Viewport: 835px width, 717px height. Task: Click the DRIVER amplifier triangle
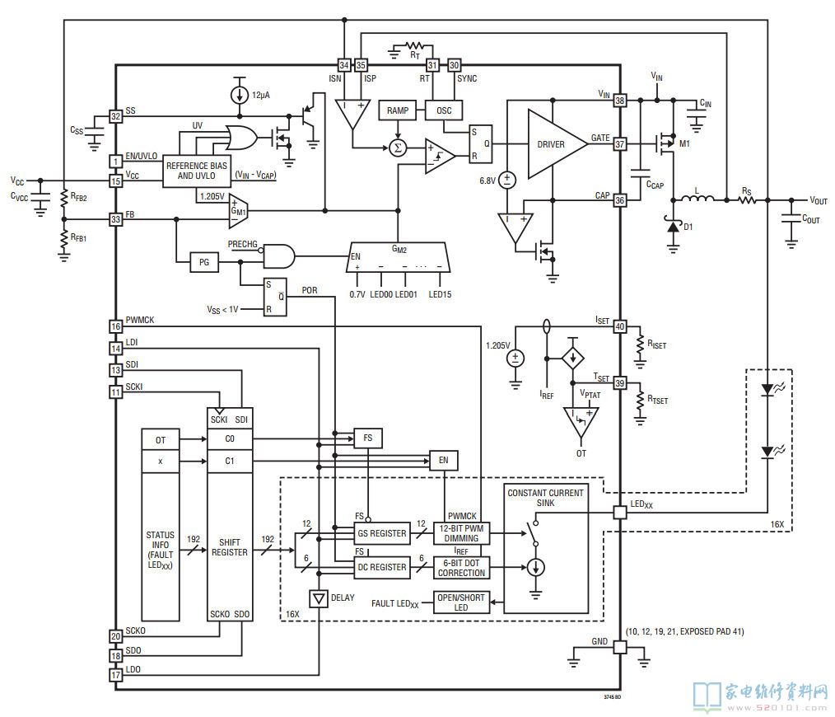[x=554, y=144]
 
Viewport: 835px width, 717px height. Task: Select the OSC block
[x=444, y=110]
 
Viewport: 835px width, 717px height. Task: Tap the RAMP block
[x=397, y=110]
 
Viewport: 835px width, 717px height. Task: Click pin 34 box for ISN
[x=344, y=65]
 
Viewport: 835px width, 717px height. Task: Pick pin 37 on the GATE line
[x=620, y=144]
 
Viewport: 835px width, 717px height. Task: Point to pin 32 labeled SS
[x=115, y=116]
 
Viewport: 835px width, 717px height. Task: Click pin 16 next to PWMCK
[x=115, y=326]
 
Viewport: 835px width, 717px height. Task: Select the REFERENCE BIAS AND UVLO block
[x=197, y=171]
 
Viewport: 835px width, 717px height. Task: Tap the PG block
[x=204, y=262]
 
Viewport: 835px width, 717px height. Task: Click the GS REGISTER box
[x=382, y=533]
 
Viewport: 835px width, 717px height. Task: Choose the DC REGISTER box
[x=382, y=567]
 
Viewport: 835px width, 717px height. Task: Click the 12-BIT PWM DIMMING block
[x=461, y=533]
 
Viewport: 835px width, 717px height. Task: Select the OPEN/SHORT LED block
[x=461, y=602]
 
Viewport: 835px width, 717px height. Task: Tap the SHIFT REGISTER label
[x=230, y=547]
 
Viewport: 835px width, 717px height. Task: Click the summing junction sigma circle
[x=397, y=148]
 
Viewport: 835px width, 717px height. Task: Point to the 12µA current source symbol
[x=239, y=96]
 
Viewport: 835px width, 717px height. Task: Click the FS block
[x=368, y=438]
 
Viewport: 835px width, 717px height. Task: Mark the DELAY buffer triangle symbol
[x=319, y=599]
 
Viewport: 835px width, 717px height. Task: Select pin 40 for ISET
[x=620, y=326]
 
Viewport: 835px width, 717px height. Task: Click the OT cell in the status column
[x=161, y=440]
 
